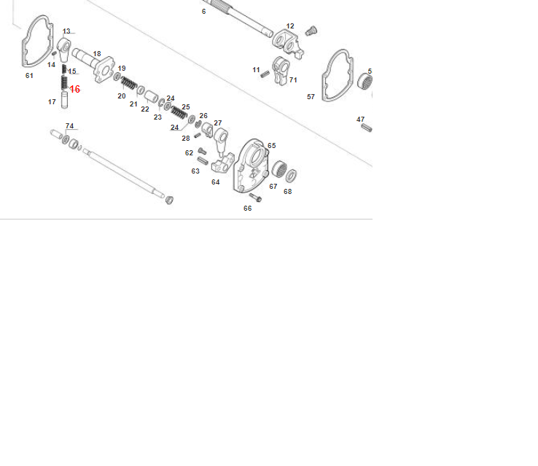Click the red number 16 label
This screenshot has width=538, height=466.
pyautogui.click(x=75, y=89)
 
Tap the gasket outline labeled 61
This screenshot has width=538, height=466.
pyautogui.click(x=25, y=52)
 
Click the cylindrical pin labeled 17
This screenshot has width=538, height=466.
pyautogui.click(x=64, y=100)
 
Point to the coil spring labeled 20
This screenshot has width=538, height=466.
pyautogui.click(x=129, y=82)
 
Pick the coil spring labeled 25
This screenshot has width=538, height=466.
pyautogui.click(x=179, y=112)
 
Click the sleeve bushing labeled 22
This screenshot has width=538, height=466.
pyautogui.click(x=151, y=97)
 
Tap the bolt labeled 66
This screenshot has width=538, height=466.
pyautogui.click(x=256, y=198)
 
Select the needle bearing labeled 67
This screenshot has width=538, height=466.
pyautogui.click(x=279, y=169)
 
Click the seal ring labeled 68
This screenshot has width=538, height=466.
pyautogui.click(x=292, y=176)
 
